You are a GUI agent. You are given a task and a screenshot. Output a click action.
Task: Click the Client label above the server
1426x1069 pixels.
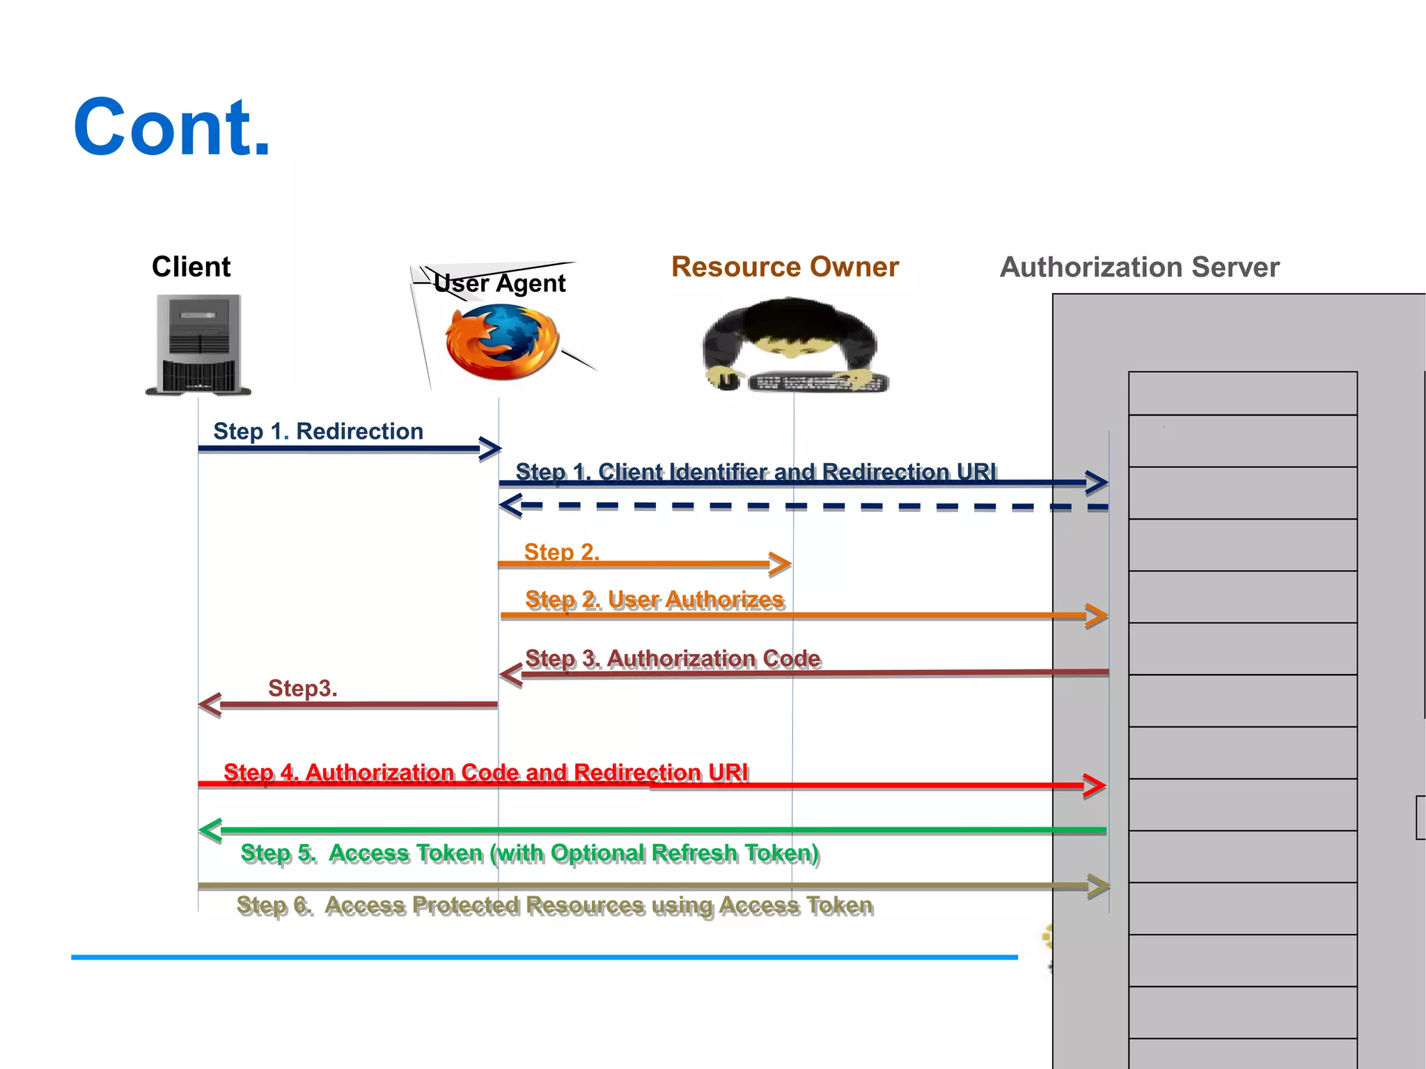point(191,267)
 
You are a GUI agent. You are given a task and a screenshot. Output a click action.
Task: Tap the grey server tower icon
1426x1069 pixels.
point(198,345)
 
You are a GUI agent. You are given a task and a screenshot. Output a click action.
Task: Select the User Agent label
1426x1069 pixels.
point(499,283)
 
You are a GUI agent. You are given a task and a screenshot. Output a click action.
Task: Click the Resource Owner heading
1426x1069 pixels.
point(785,267)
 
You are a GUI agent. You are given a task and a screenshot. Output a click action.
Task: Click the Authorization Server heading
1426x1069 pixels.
point(1139,267)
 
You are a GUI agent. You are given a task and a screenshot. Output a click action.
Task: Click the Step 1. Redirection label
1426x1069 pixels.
point(318,431)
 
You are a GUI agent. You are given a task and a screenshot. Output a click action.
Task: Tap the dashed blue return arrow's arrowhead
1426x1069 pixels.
point(510,505)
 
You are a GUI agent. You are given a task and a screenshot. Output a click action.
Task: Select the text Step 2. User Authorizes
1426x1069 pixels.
point(655,600)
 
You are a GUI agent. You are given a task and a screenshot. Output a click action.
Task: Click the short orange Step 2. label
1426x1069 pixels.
point(561,552)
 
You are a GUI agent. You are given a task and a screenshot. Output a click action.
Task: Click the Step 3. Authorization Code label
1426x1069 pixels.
point(673,658)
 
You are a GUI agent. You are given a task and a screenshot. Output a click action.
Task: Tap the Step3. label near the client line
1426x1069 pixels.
point(302,688)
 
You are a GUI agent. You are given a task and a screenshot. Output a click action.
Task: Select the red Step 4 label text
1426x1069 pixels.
point(485,772)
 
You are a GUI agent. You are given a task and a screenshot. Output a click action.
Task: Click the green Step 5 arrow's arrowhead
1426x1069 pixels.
point(210,829)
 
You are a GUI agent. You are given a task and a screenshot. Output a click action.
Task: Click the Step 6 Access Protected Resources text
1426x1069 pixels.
point(554,905)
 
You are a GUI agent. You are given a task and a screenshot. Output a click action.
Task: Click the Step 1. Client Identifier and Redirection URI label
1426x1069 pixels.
point(755,471)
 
